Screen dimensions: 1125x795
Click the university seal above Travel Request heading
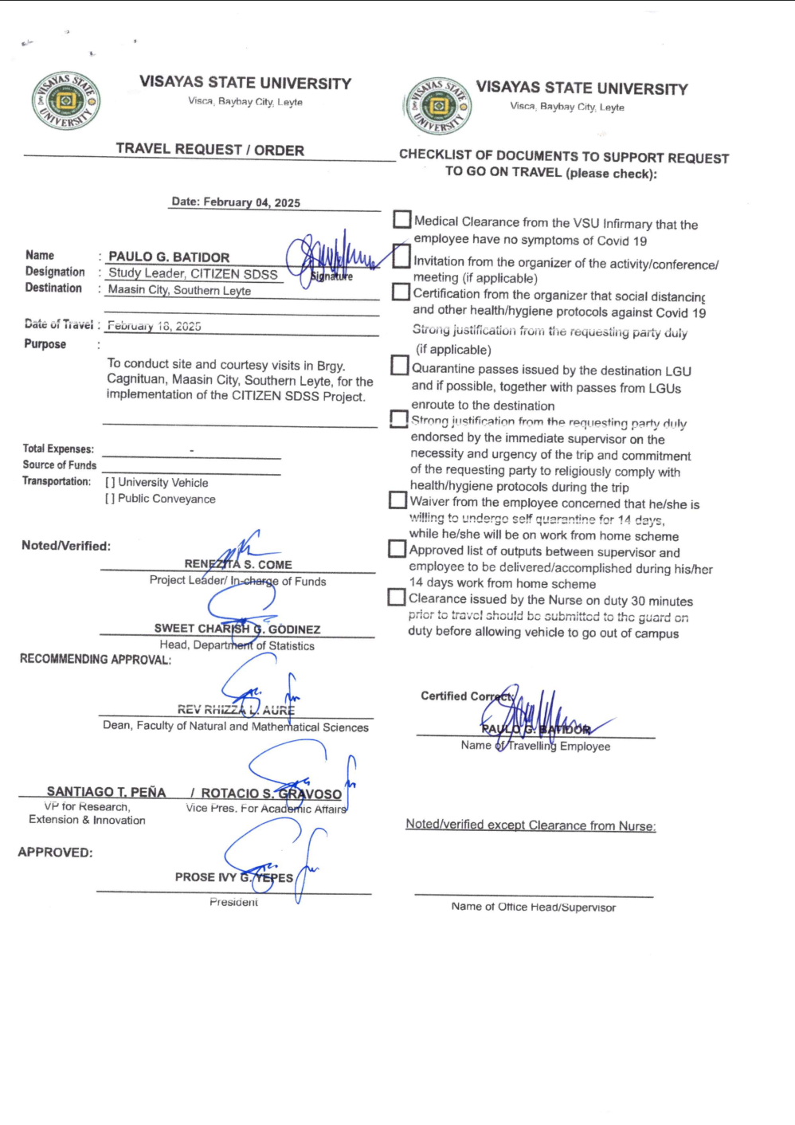[66, 101]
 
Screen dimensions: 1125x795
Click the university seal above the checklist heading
[437, 106]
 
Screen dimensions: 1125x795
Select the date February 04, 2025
[236, 202]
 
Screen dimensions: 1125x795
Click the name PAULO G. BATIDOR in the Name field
[169, 257]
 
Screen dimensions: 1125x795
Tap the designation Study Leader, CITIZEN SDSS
[193, 273]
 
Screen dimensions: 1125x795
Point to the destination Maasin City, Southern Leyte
[179, 290]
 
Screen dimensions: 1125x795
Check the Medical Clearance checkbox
[402, 219]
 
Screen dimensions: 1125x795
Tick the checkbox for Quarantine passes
[399, 365]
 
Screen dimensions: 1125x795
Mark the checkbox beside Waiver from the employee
[397, 500]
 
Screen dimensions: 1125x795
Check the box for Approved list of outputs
[397, 548]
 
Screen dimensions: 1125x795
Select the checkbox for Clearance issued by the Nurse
[396, 597]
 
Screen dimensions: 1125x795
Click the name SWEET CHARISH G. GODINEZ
[237, 629]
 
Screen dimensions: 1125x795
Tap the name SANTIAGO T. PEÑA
[106, 792]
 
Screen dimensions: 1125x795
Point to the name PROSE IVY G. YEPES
[234, 877]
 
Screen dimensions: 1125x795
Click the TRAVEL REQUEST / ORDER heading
[210, 150]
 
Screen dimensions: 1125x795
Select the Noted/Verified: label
[66, 546]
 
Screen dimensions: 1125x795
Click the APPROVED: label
[55, 853]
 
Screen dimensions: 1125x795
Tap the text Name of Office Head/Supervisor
[533, 907]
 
